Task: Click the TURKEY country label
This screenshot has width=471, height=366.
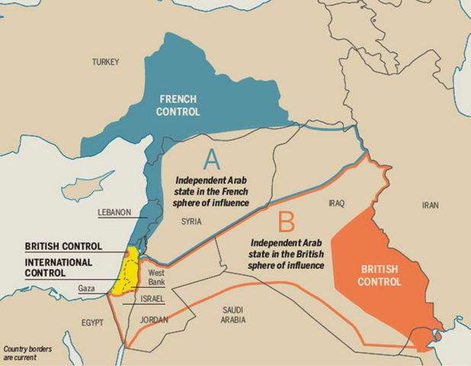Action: pos(107,62)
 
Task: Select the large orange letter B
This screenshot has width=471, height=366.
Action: pos(286,223)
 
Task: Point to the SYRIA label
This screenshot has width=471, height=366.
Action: pos(192,221)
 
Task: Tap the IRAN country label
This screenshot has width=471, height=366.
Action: pos(432,205)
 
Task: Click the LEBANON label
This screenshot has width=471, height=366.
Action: pos(115,213)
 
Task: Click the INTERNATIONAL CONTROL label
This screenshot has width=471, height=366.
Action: pos(59,268)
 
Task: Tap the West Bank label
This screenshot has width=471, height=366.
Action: pos(157,277)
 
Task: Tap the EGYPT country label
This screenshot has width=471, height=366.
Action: pos(92,323)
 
